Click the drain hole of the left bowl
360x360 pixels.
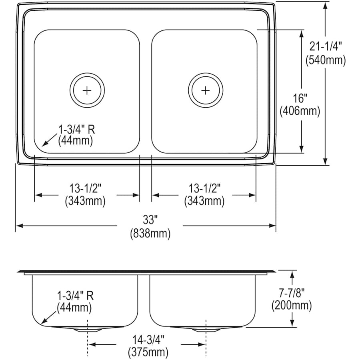pyautogui.click(x=87, y=90)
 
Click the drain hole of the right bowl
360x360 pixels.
pyautogui.click(x=205, y=90)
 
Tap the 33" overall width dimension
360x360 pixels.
pyautogui.click(x=150, y=220)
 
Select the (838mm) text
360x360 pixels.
pyautogui.click(x=150, y=233)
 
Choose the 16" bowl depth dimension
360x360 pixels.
pyautogui.click(x=299, y=98)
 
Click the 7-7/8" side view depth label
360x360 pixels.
pyautogui.click(x=291, y=292)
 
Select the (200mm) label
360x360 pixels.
pyautogui.click(x=291, y=306)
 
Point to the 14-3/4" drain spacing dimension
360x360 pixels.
pyautogui.click(x=148, y=339)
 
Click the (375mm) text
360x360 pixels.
pyautogui.click(x=148, y=352)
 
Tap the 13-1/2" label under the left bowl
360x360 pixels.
pyautogui.click(x=85, y=188)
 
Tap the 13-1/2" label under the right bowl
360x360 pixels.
pyautogui.click(x=204, y=188)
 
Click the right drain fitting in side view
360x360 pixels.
pyautogui.click(x=205, y=329)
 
